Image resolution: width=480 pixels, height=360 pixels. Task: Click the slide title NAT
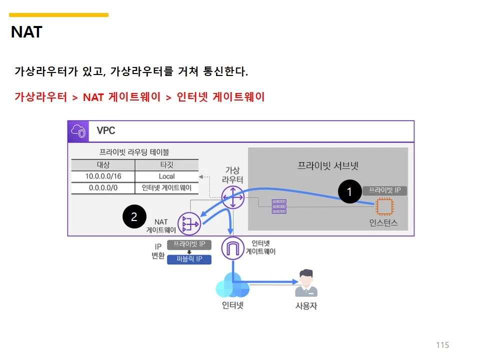click(26, 32)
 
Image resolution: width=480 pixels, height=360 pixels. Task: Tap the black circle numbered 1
click(349, 191)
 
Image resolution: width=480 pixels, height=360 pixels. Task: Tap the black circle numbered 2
click(134, 216)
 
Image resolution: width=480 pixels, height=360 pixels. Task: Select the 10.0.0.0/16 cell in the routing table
click(103, 176)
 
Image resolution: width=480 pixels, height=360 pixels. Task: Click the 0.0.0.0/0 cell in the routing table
click(103, 188)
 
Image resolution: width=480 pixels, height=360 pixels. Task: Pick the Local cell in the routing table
click(166, 176)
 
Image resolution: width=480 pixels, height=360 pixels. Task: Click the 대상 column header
click(103, 165)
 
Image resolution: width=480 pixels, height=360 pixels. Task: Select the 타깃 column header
click(166, 165)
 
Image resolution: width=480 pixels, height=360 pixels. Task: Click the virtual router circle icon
click(232, 197)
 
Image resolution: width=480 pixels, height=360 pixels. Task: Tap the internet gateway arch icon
click(231, 248)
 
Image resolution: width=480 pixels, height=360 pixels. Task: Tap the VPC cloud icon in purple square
click(78, 131)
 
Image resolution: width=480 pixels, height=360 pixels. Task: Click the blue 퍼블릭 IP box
click(189, 259)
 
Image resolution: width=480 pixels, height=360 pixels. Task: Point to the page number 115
click(442, 345)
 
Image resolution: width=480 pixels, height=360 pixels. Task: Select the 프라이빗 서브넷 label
click(328, 165)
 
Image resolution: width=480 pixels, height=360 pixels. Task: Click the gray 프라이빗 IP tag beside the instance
click(385, 190)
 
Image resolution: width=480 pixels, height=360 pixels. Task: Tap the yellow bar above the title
click(58, 15)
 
